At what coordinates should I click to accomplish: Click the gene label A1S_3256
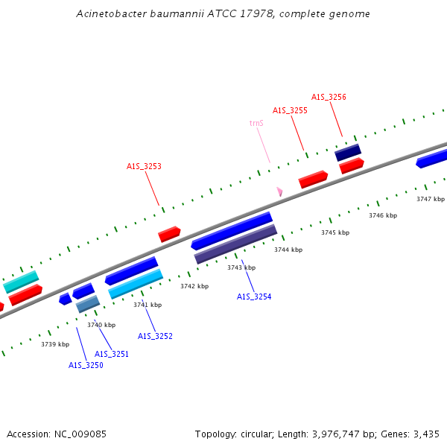(329, 97)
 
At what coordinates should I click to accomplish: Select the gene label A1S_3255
(290, 110)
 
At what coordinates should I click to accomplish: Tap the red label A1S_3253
(144, 167)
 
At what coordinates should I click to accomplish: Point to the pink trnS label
(256, 123)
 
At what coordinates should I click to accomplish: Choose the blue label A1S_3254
(254, 297)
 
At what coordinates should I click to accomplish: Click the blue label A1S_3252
(155, 336)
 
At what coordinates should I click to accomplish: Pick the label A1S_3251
(112, 354)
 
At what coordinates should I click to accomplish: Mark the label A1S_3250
(86, 365)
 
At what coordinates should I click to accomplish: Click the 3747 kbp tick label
(430, 199)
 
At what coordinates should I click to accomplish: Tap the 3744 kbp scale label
(288, 250)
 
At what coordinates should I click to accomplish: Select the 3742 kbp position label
(194, 286)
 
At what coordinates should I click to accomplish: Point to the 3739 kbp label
(55, 344)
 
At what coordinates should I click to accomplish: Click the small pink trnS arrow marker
(279, 191)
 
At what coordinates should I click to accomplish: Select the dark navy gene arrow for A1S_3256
(347, 153)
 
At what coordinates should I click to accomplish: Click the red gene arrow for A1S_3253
(170, 234)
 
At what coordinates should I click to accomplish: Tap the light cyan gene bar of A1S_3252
(136, 284)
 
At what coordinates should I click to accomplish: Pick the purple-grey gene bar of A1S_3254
(235, 244)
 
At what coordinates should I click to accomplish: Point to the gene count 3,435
(425, 434)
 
